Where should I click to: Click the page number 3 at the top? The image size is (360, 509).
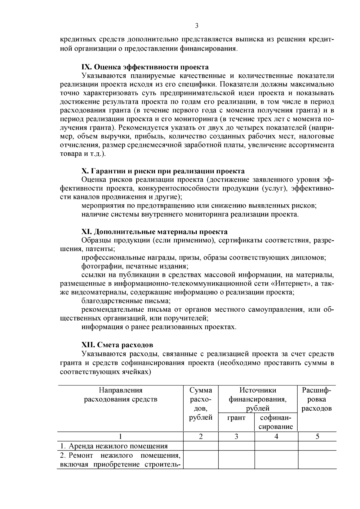197,26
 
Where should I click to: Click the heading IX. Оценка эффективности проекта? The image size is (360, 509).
145,67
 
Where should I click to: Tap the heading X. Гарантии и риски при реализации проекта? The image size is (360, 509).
163,171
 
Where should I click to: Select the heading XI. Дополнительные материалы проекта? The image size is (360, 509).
154,232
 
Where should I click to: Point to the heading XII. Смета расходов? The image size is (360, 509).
117,345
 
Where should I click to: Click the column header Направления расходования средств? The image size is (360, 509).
121,395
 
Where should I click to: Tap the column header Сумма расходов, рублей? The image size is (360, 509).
201,403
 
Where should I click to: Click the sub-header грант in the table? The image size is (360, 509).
236,418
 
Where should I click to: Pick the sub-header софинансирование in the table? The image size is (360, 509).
276,422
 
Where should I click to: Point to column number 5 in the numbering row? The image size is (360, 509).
317,437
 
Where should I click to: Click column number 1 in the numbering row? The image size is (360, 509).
121,437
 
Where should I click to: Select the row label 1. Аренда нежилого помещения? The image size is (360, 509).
114,446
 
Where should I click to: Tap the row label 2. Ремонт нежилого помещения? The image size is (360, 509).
120,456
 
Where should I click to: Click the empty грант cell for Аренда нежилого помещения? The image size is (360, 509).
236,446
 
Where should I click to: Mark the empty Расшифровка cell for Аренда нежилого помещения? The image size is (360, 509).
317,446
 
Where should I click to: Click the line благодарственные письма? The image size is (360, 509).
126,301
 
